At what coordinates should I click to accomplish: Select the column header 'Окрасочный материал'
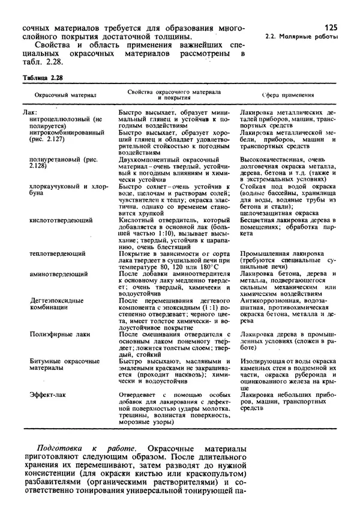coord(61,95)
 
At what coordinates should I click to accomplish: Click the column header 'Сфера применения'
coord(287,95)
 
